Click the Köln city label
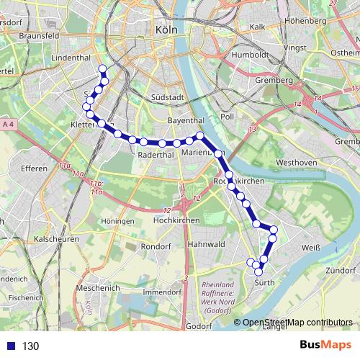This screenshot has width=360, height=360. pos(166,30)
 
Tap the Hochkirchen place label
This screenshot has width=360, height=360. pos(176,220)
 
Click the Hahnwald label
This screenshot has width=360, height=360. pos(207,245)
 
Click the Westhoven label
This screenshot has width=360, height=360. pos(297,163)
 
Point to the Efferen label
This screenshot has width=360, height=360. pos(34,168)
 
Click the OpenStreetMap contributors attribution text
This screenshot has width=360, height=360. pos(297,323)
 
